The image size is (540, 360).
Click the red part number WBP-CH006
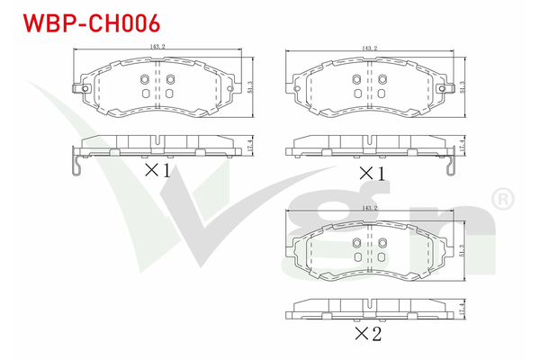(92, 23)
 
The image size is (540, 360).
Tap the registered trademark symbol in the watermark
(503, 199)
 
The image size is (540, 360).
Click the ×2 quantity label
(368, 334)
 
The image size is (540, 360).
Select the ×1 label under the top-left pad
(157, 170)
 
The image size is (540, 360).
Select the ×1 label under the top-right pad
(372, 174)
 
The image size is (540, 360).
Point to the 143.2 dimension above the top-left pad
(157, 47)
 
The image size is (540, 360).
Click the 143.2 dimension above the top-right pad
(370, 49)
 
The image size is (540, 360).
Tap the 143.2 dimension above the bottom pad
(370, 208)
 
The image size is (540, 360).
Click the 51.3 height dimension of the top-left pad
(250, 86)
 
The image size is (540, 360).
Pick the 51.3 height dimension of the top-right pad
(463, 86)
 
